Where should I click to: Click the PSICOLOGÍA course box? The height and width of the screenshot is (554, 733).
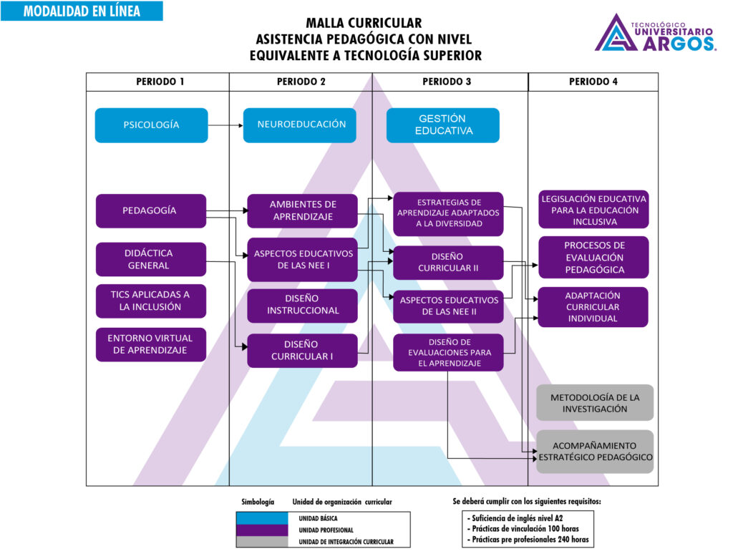pos(151,125)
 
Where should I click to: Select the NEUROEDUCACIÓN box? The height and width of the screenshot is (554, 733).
pos(299,125)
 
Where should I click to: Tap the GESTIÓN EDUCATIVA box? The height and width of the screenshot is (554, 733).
pos(442,125)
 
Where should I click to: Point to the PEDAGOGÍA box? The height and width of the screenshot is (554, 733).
pos(150,211)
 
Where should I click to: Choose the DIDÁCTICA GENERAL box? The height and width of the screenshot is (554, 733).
pos(150,259)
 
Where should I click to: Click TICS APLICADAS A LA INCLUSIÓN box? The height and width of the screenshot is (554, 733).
pos(150,301)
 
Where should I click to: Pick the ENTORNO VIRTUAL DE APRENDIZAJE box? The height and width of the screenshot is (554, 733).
pos(150,344)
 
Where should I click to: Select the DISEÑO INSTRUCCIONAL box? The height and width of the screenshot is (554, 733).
pos(302,305)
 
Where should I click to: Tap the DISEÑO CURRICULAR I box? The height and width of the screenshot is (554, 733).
pos(302,351)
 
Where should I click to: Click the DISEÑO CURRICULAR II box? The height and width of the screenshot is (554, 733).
pos(448,263)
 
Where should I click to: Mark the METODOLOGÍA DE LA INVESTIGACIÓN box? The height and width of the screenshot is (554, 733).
pos(595,403)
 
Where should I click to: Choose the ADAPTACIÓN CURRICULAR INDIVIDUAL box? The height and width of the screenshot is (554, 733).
pos(593,307)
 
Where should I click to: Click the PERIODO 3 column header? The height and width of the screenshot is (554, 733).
pos(447,82)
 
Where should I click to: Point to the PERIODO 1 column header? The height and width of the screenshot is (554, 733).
pos(160,82)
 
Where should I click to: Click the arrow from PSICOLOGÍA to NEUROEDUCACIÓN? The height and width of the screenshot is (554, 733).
pos(225,126)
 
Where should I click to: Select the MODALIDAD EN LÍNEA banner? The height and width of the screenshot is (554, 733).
pos(82,11)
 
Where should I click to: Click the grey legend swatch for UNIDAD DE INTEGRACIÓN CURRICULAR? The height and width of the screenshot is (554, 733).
pos(262,542)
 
